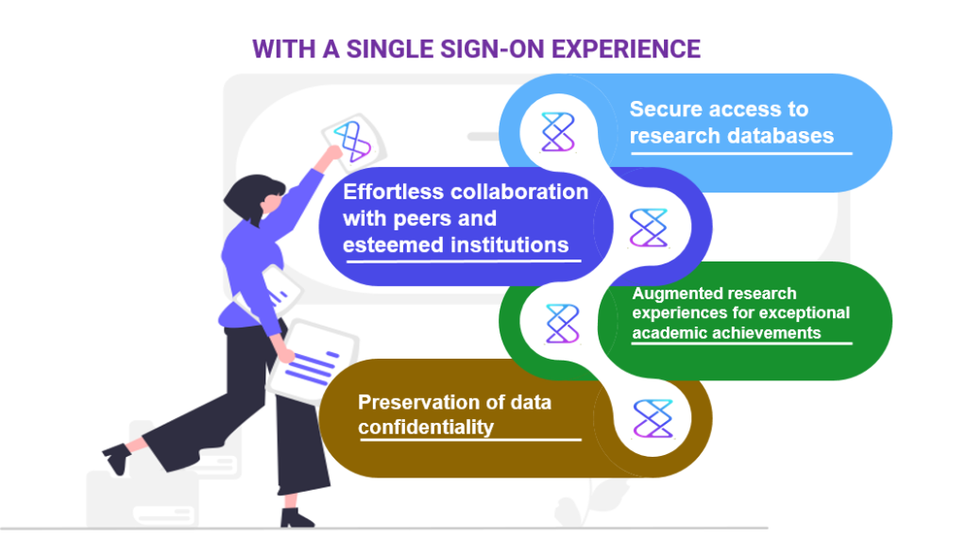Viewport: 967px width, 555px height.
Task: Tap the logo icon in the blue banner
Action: [x=558, y=132]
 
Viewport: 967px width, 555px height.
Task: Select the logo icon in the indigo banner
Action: [x=649, y=227]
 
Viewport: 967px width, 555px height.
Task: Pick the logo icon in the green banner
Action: [x=563, y=323]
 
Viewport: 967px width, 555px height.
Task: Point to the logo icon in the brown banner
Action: [x=653, y=419]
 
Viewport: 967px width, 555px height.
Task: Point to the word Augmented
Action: [x=671, y=294]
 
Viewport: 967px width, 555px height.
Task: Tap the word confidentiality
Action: [x=426, y=427]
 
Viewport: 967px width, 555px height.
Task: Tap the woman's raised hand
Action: [x=333, y=154]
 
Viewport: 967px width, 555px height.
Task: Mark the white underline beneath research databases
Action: [x=741, y=153]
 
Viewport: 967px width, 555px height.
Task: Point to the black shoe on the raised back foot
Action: [x=117, y=458]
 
